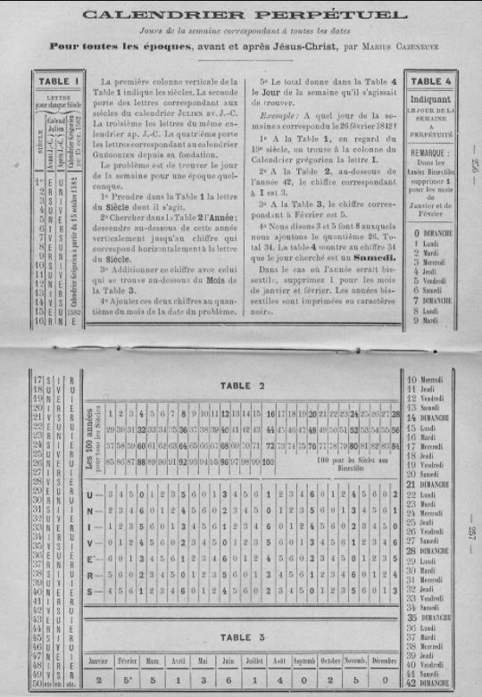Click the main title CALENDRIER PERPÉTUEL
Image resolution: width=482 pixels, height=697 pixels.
241,15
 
